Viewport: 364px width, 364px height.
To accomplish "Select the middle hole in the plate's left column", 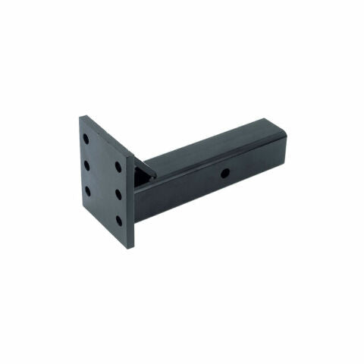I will (x=87, y=165).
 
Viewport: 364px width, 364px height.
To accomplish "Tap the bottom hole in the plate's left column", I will (x=87, y=190).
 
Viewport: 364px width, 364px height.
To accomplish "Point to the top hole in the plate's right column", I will (x=118, y=166).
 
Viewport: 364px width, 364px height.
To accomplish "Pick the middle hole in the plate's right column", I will (x=118, y=193).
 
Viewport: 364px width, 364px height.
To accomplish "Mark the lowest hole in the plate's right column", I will (x=118, y=220).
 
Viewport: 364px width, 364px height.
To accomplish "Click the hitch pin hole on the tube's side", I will (x=225, y=174).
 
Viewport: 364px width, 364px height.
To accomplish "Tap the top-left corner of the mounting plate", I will (x=81, y=116).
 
